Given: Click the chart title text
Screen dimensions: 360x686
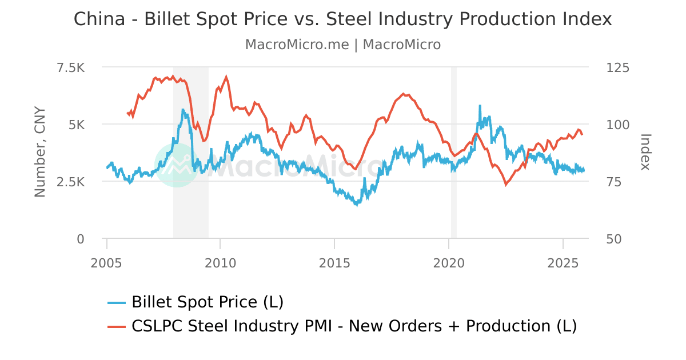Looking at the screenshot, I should pos(343,19).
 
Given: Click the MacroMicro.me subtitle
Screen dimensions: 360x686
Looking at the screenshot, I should pos(343,45).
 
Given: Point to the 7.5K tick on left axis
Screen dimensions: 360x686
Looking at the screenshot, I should pos(71,68).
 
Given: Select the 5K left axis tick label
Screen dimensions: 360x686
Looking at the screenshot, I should pos(76,125).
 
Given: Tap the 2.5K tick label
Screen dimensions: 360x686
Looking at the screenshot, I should pos(71,182).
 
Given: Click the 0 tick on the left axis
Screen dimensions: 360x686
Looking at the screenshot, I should pos(81,239).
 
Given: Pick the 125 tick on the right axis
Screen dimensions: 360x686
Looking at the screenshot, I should pos(617,68).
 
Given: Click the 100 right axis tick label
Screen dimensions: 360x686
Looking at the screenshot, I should pos(617,125).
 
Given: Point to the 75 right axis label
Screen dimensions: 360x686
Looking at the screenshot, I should pos(614,182).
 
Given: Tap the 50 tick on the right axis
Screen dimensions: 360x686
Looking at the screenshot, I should pos(614,239).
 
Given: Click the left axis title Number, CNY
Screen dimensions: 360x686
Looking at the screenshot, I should pos(39,152).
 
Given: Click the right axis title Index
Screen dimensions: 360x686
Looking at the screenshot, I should pos(645,152).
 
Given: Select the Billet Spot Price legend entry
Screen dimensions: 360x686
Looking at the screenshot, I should pos(207,302).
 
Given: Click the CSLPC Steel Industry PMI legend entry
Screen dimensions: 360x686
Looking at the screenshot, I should pos(353,326).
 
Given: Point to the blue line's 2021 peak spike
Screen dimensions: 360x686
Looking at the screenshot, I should pos(480,106).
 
